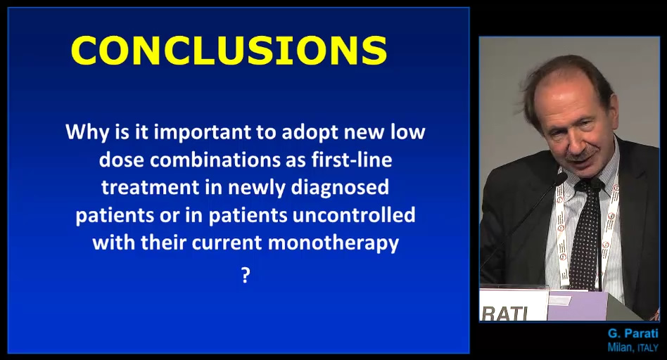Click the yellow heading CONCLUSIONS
(x=229, y=50)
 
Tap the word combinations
(x=215, y=160)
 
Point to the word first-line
(x=352, y=160)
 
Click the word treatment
(x=150, y=188)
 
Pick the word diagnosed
(x=340, y=188)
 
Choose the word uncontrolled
(x=354, y=215)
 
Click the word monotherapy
(x=333, y=243)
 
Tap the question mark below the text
(x=246, y=276)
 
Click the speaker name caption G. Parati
(x=633, y=333)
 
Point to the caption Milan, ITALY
(x=633, y=347)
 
